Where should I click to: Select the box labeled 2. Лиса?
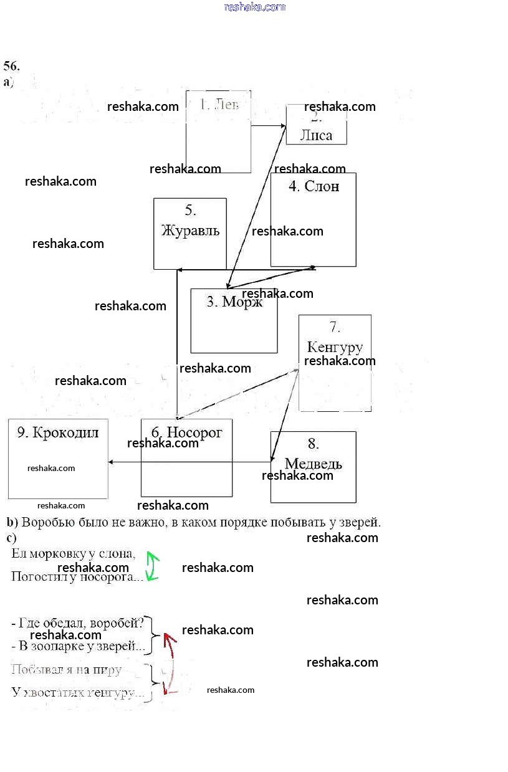tap(316, 125)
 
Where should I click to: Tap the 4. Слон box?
tap(313, 219)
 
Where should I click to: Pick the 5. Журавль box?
tap(190, 234)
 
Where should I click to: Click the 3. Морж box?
tap(234, 321)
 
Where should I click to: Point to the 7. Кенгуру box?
tap(335, 363)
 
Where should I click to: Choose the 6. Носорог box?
tap(186, 458)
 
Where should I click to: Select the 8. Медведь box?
tap(313, 467)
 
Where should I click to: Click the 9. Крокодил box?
tap(58, 459)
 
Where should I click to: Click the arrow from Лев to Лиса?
tap(268, 126)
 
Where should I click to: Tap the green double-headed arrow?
tap(152, 566)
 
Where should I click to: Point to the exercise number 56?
tap(11, 66)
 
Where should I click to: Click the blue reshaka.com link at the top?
tap(254, 7)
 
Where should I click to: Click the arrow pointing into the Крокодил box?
tap(118, 462)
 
